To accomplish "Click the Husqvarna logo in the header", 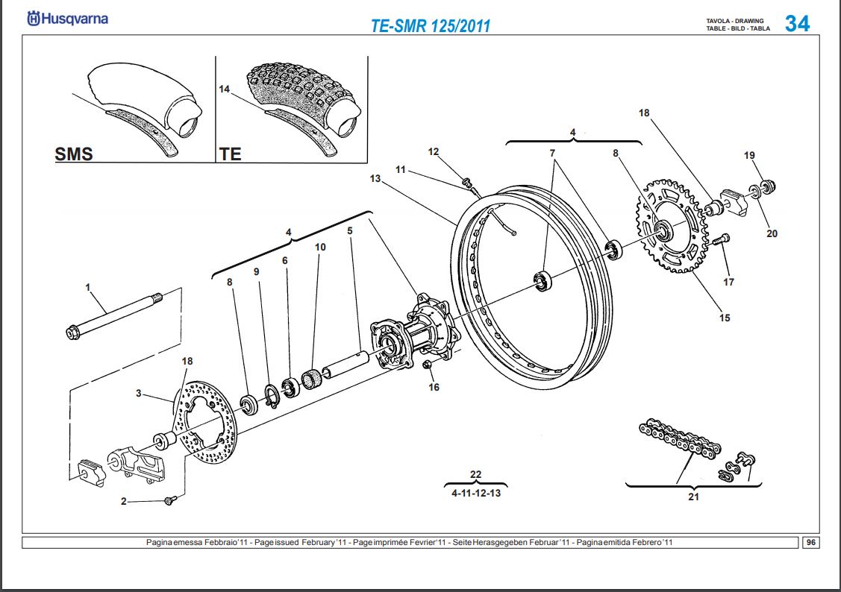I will pyautogui.click(x=67, y=19).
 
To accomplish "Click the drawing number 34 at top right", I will pyautogui.click(x=796, y=23).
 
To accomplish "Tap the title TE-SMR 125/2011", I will pyautogui.click(x=431, y=25).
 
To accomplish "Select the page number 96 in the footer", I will pyautogui.click(x=810, y=542).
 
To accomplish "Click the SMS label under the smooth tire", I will pyautogui.click(x=74, y=154).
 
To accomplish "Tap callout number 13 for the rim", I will pyautogui.click(x=375, y=179).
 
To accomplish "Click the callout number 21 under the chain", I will pyautogui.click(x=693, y=497).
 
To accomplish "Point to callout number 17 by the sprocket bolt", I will pyautogui.click(x=728, y=282).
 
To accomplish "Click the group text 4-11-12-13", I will pyautogui.click(x=476, y=493).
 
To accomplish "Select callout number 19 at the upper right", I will pyautogui.click(x=749, y=155).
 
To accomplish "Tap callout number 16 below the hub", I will pyautogui.click(x=434, y=387).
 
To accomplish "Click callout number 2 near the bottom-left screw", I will pyautogui.click(x=124, y=502).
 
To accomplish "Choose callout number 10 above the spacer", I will pyautogui.click(x=320, y=247).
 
